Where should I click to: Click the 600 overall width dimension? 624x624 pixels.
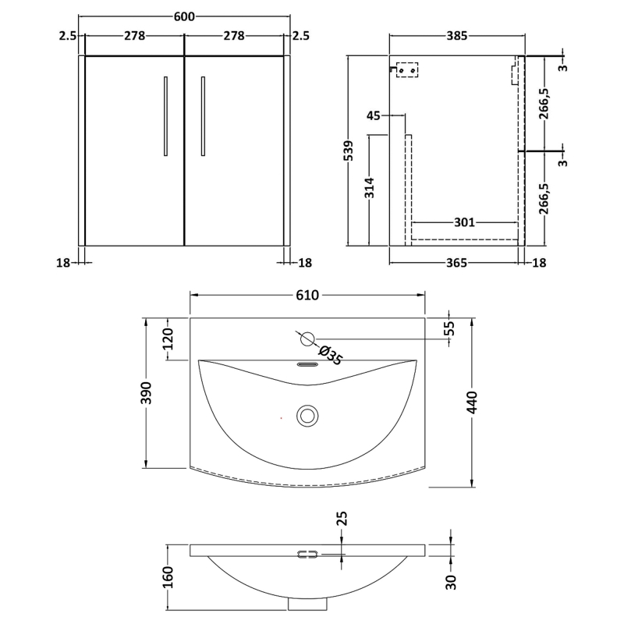[x=185, y=18]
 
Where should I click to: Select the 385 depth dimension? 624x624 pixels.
[x=456, y=36]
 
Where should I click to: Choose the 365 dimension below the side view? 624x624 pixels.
[x=457, y=263]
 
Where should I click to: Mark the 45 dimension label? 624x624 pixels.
[x=374, y=116]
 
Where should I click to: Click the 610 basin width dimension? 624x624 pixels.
[x=307, y=295]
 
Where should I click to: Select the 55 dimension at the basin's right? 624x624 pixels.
[x=450, y=328]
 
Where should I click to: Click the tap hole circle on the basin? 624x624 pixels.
[x=307, y=339]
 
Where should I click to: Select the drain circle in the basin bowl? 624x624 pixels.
[x=307, y=414]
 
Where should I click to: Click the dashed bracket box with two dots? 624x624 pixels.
[x=406, y=70]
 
